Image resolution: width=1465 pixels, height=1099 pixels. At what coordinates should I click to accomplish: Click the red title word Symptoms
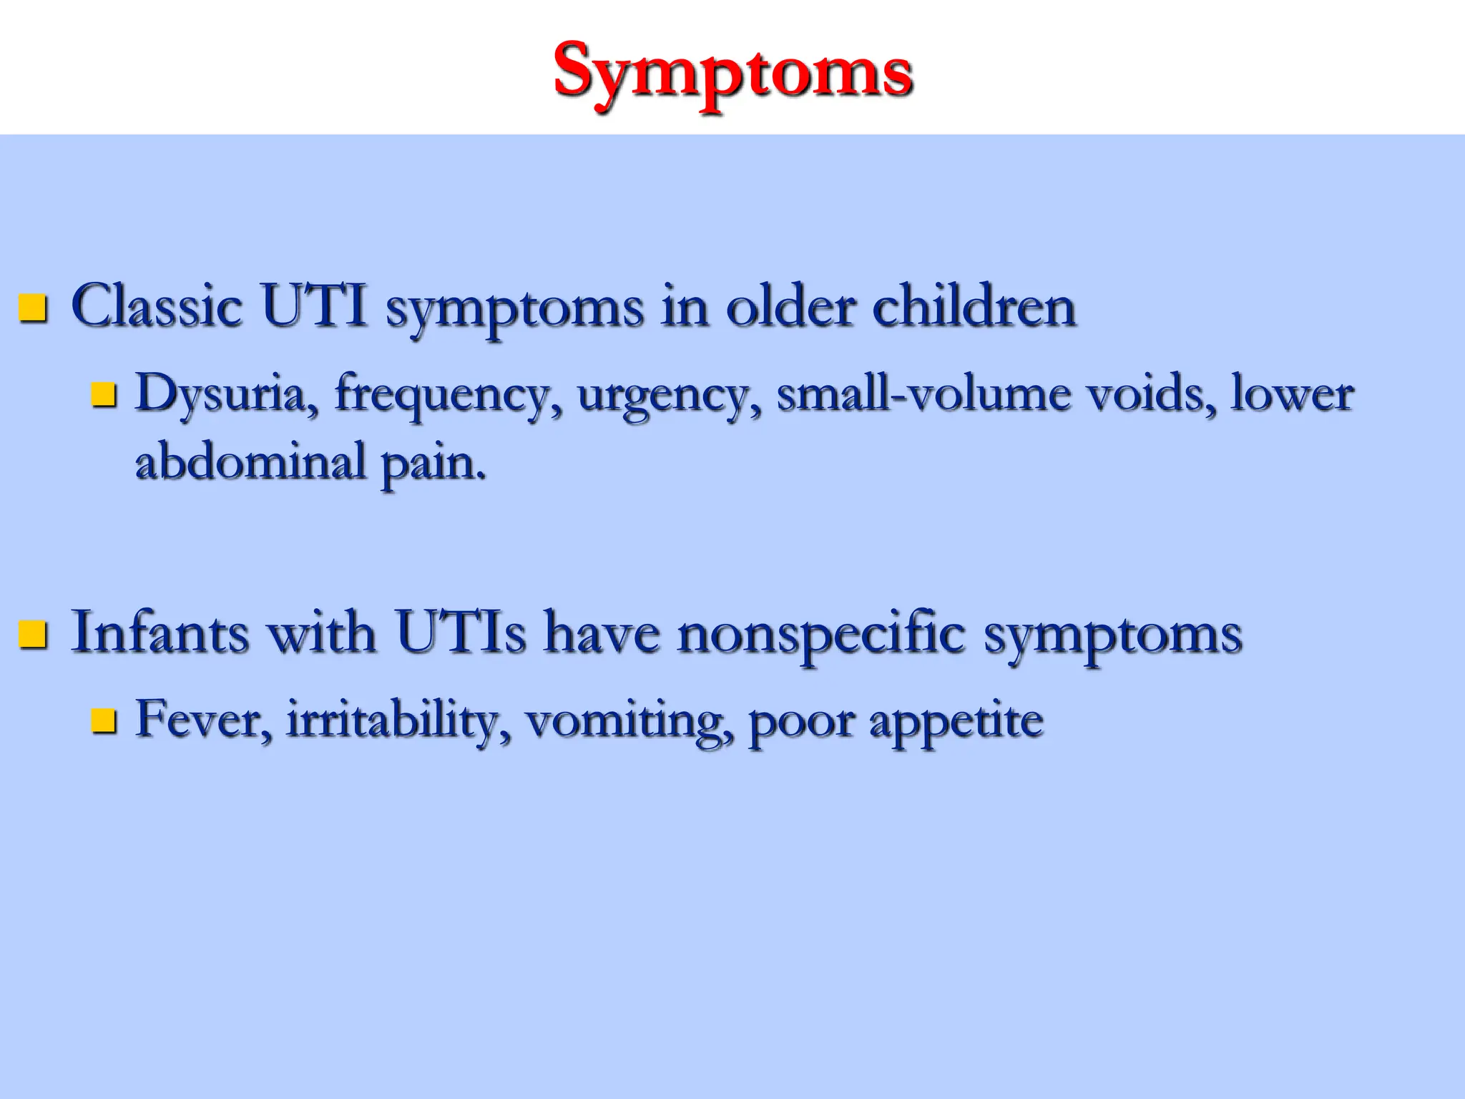point(732,72)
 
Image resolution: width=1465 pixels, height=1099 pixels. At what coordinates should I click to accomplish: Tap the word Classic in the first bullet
point(156,306)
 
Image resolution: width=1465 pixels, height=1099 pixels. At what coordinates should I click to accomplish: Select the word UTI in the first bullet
point(314,306)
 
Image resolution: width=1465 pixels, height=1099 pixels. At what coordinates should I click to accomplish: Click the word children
point(974,306)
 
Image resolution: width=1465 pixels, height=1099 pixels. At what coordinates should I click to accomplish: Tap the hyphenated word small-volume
point(923,394)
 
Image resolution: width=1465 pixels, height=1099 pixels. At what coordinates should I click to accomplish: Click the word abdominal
point(251,461)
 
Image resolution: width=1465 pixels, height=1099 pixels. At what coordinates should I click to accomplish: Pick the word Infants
point(160,632)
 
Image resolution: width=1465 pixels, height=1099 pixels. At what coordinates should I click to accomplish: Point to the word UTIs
point(461,632)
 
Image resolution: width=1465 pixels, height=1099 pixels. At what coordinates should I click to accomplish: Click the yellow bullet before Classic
point(33,308)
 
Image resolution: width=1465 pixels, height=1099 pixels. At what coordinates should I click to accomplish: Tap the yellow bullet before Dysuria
point(104,394)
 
